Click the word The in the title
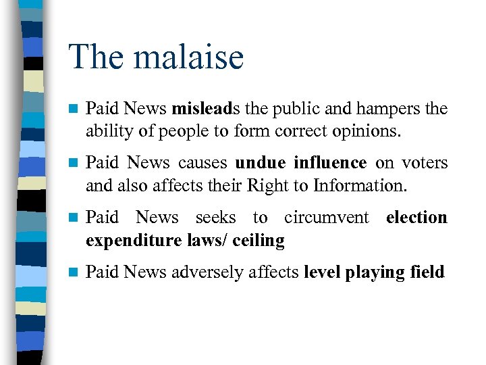(x=95, y=57)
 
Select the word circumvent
(x=327, y=218)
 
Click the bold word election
(x=416, y=218)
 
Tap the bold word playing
(x=376, y=272)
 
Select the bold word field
(x=428, y=272)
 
